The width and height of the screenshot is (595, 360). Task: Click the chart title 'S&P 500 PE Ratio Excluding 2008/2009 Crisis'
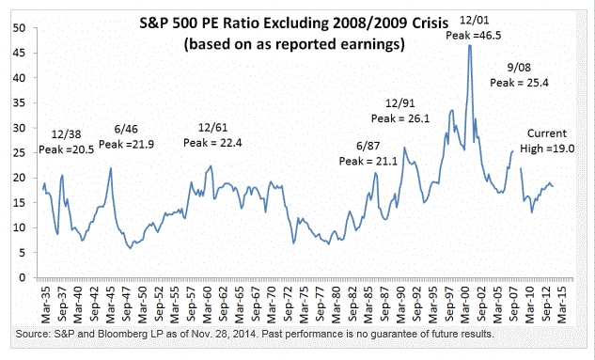(x=294, y=23)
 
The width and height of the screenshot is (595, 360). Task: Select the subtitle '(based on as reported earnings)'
(x=294, y=44)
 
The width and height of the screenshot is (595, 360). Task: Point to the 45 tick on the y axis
(x=19, y=53)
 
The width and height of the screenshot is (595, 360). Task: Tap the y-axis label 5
(x=22, y=253)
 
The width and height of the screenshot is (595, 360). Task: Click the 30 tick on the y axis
(x=19, y=128)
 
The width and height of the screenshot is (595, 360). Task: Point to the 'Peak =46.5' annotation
(x=473, y=36)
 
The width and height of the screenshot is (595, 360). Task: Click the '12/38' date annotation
(x=67, y=134)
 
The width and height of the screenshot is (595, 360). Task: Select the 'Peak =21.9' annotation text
(x=126, y=145)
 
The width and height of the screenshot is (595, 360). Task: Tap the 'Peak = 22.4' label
(x=212, y=143)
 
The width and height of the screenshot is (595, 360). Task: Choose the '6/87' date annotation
(x=368, y=146)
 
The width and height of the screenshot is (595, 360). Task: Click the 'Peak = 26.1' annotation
(x=400, y=118)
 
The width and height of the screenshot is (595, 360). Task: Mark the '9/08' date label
(x=519, y=68)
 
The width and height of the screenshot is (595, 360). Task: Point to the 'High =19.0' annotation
(x=547, y=149)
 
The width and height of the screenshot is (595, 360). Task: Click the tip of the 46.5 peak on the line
(x=470, y=45)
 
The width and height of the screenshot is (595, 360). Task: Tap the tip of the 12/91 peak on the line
(x=404, y=148)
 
